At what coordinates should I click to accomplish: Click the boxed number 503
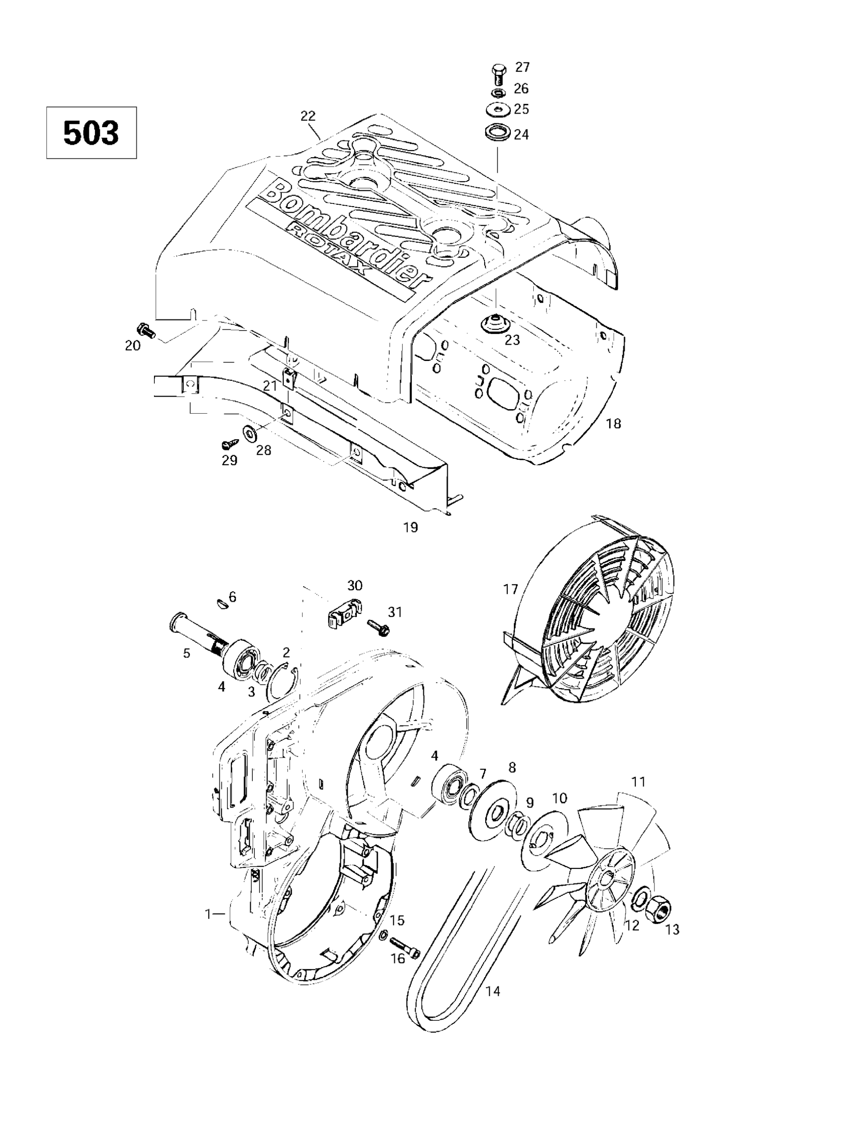coord(91,133)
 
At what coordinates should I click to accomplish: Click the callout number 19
coord(410,527)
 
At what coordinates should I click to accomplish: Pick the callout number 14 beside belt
coord(493,991)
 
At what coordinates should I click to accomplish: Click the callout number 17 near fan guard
coord(510,589)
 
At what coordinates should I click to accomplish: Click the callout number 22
coord(308,116)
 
